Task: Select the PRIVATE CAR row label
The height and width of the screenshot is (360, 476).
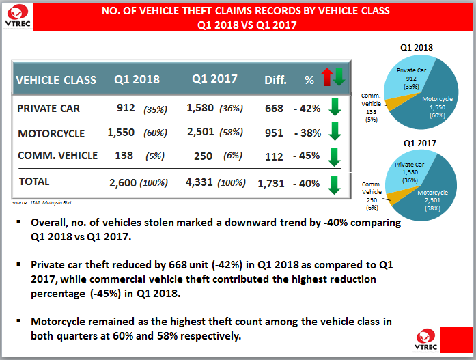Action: (x=48, y=108)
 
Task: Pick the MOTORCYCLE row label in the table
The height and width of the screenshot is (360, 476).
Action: (x=51, y=133)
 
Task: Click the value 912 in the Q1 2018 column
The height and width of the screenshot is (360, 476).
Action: (x=126, y=107)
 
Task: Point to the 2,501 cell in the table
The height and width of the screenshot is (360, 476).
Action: (x=202, y=132)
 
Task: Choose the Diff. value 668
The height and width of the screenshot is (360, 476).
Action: (x=274, y=108)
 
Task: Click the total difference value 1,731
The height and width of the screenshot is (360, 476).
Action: (x=270, y=182)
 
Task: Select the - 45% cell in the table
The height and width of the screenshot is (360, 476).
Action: (x=306, y=156)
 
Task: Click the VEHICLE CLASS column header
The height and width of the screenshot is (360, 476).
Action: (x=56, y=79)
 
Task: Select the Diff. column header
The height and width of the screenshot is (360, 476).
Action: (x=276, y=80)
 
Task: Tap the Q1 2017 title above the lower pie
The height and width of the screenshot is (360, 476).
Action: (x=418, y=143)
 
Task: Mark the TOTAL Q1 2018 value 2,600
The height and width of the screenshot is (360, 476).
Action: (x=123, y=182)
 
